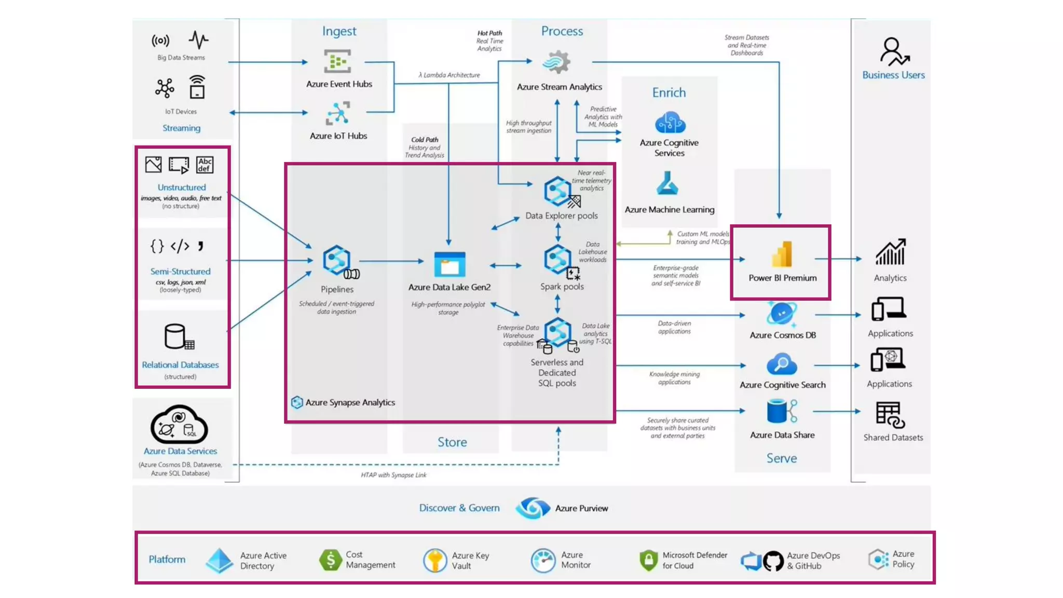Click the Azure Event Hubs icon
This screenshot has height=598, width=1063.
337,61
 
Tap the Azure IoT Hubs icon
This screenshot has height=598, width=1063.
337,113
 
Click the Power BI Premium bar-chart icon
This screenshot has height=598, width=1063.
782,254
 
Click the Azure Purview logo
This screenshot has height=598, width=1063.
533,508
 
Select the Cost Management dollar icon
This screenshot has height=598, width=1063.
330,560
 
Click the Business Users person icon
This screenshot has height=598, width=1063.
893,51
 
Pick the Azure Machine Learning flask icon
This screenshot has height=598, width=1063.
667,184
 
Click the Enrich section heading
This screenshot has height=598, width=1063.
669,92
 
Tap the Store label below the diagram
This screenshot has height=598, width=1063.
452,442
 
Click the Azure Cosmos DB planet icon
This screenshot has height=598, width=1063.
781,314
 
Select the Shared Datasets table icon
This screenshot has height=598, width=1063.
890,415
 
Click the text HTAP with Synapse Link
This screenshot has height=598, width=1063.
393,474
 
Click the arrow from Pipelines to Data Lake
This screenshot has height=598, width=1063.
391,261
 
